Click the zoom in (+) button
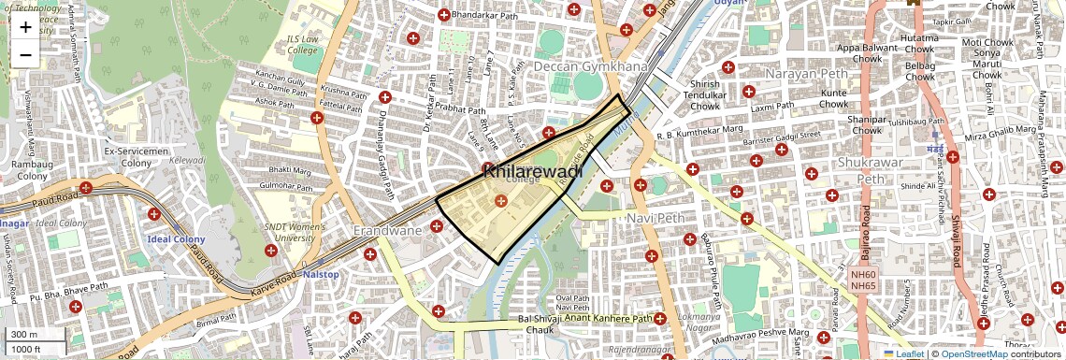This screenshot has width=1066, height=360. click(25, 27)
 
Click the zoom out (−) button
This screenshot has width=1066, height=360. click(25, 55)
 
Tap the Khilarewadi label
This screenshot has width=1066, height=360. click(533, 171)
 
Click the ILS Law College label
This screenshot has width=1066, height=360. click(302, 44)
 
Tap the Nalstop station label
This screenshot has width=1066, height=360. click(320, 274)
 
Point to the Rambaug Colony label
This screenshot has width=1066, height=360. click(30, 169)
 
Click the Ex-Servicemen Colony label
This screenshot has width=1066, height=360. click(136, 156)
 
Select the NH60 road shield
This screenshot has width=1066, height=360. click(863, 275)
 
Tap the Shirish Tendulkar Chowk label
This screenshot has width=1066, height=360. click(704, 94)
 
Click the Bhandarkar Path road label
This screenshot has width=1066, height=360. click(483, 15)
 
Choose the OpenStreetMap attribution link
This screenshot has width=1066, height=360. click(973, 353)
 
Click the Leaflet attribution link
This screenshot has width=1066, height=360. click(903, 353)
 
